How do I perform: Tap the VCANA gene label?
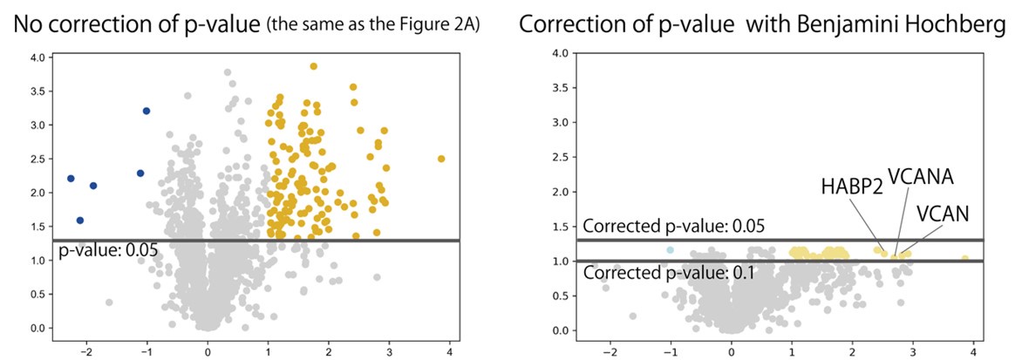(x=919, y=176)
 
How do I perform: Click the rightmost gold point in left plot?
(x=441, y=159)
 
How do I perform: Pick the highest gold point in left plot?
(x=313, y=66)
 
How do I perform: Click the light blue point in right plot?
(x=670, y=250)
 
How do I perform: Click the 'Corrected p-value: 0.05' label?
(x=673, y=227)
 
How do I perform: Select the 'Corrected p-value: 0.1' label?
(x=669, y=272)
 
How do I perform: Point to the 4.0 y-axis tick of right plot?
(x=562, y=54)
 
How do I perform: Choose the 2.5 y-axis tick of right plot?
(x=562, y=158)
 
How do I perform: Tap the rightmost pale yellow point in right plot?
(x=964, y=258)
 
